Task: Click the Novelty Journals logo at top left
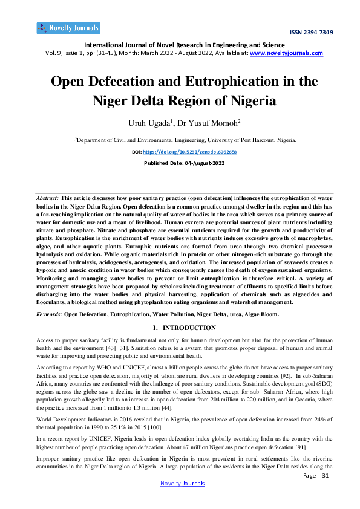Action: coord(68,28)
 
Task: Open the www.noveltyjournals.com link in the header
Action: coord(286,53)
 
